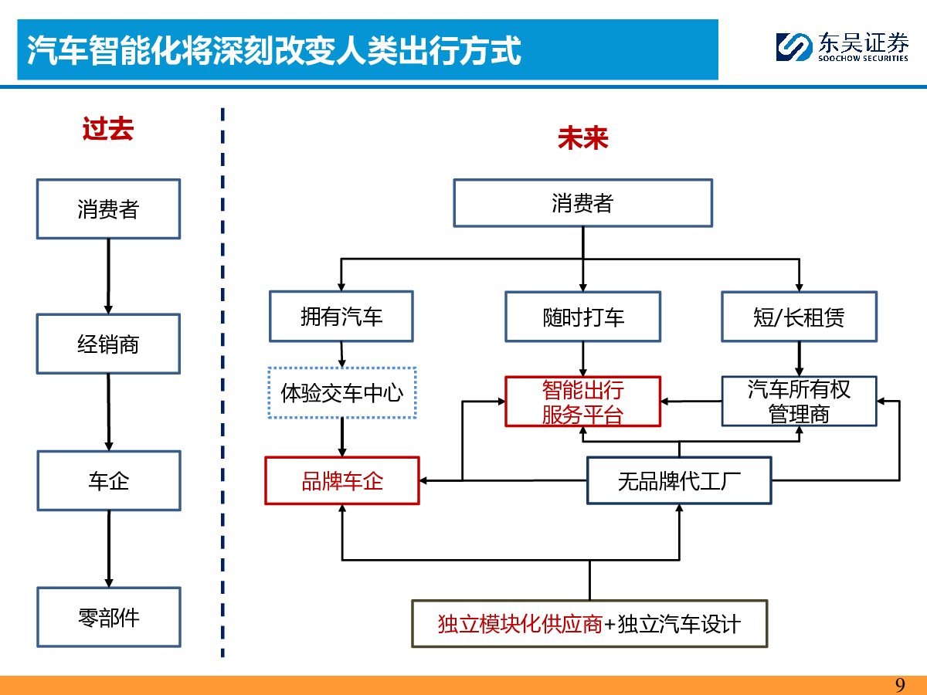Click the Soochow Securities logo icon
click(x=793, y=47)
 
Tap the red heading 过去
click(x=108, y=129)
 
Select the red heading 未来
click(x=582, y=138)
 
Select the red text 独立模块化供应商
click(x=521, y=624)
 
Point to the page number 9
click(x=900, y=685)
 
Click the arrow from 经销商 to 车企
click(x=109, y=412)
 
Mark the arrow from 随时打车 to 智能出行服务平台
click(x=582, y=359)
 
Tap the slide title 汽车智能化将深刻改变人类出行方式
click(x=273, y=51)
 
